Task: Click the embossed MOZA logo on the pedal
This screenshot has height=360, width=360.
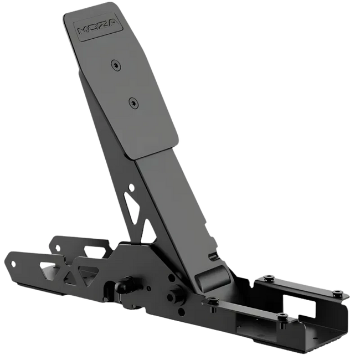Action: pyautogui.click(x=98, y=28)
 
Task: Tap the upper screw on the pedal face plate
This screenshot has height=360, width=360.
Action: pyautogui.click(x=116, y=65)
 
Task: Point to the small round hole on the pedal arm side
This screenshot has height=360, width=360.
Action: pyautogui.click(x=131, y=187)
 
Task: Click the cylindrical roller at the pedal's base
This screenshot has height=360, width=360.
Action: pyautogui.click(x=212, y=277)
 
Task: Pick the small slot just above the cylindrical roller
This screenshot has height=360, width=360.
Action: pyautogui.click(x=214, y=255)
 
